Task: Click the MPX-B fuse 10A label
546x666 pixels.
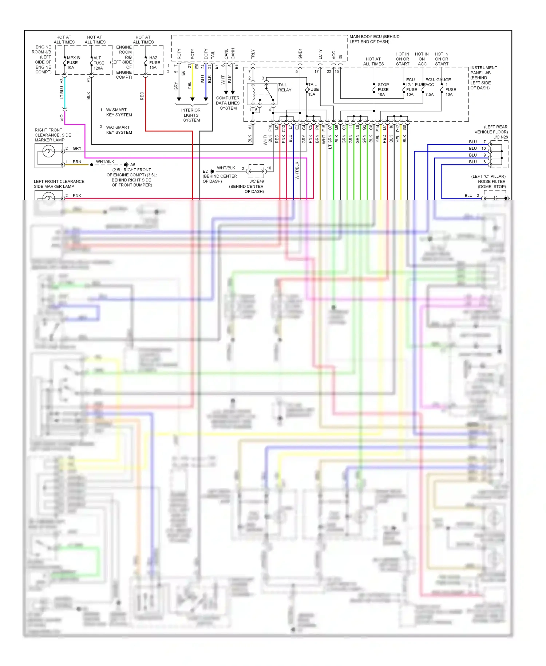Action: [x=73, y=63]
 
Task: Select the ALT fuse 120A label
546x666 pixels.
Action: [x=99, y=63]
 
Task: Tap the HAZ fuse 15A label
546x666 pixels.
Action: [x=154, y=63]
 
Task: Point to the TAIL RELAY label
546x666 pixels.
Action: [x=284, y=87]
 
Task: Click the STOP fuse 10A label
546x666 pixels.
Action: [x=383, y=90]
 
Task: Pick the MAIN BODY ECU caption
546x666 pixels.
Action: [x=374, y=39]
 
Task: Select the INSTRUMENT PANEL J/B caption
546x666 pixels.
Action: [x=483, y=78]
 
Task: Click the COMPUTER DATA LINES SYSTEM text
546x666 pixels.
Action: [x=228, y=103]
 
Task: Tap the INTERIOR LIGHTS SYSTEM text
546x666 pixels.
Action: [x=191, y=115]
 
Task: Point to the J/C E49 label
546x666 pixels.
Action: [x=257, y=181]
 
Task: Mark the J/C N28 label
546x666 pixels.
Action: [x=500, y=137]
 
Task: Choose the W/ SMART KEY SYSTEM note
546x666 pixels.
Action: [x=119, y=112]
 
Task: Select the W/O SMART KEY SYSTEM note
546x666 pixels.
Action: [x=119, y=130]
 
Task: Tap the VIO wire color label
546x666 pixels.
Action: [x=62, y=118]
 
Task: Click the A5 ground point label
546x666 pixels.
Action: [x=133, y=165]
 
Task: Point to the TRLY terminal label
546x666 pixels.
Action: [x=253, y=54]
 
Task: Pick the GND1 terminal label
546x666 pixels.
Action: [x=300, y=54]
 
